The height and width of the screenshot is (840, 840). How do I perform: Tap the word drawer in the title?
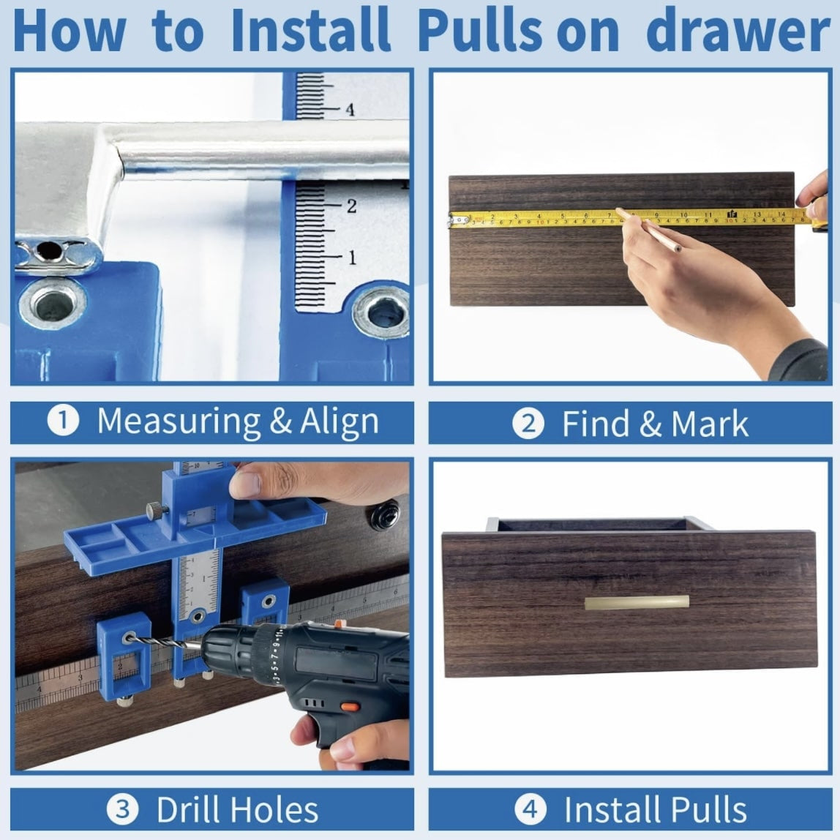click(738, 31)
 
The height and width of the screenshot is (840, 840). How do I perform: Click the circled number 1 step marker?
click(63, 421)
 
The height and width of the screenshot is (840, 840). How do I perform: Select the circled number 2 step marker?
click(528, 424)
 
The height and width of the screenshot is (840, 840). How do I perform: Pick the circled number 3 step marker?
click(123, 809)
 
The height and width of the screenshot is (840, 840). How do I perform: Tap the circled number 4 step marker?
click(530, 809)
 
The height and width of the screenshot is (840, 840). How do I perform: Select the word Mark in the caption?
click(709, 424)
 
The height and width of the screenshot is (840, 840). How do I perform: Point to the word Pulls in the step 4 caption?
click(709, 809)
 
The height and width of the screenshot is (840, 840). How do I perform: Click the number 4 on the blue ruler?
click(350, 110)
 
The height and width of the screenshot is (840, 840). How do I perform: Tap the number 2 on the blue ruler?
click(351, 206)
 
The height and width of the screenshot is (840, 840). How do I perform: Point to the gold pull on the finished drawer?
click(637, 602)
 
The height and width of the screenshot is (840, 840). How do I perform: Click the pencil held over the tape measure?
click(649, 230)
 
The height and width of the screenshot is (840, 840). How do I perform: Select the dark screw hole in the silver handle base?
click(48, 250)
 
